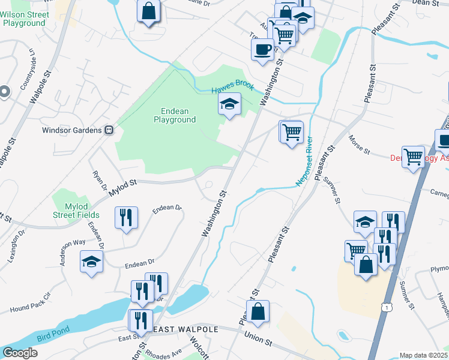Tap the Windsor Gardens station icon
(x=109, y=130)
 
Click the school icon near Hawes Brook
(x=229, y=105)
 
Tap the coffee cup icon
(x=262, y=49)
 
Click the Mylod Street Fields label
(x=76, y=210)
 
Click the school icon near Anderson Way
(x=91, y=262)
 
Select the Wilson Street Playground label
(x=24, y=18)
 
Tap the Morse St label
(x=360, y=144)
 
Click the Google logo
(x=20, y=353)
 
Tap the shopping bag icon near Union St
(x=258, y=312)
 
